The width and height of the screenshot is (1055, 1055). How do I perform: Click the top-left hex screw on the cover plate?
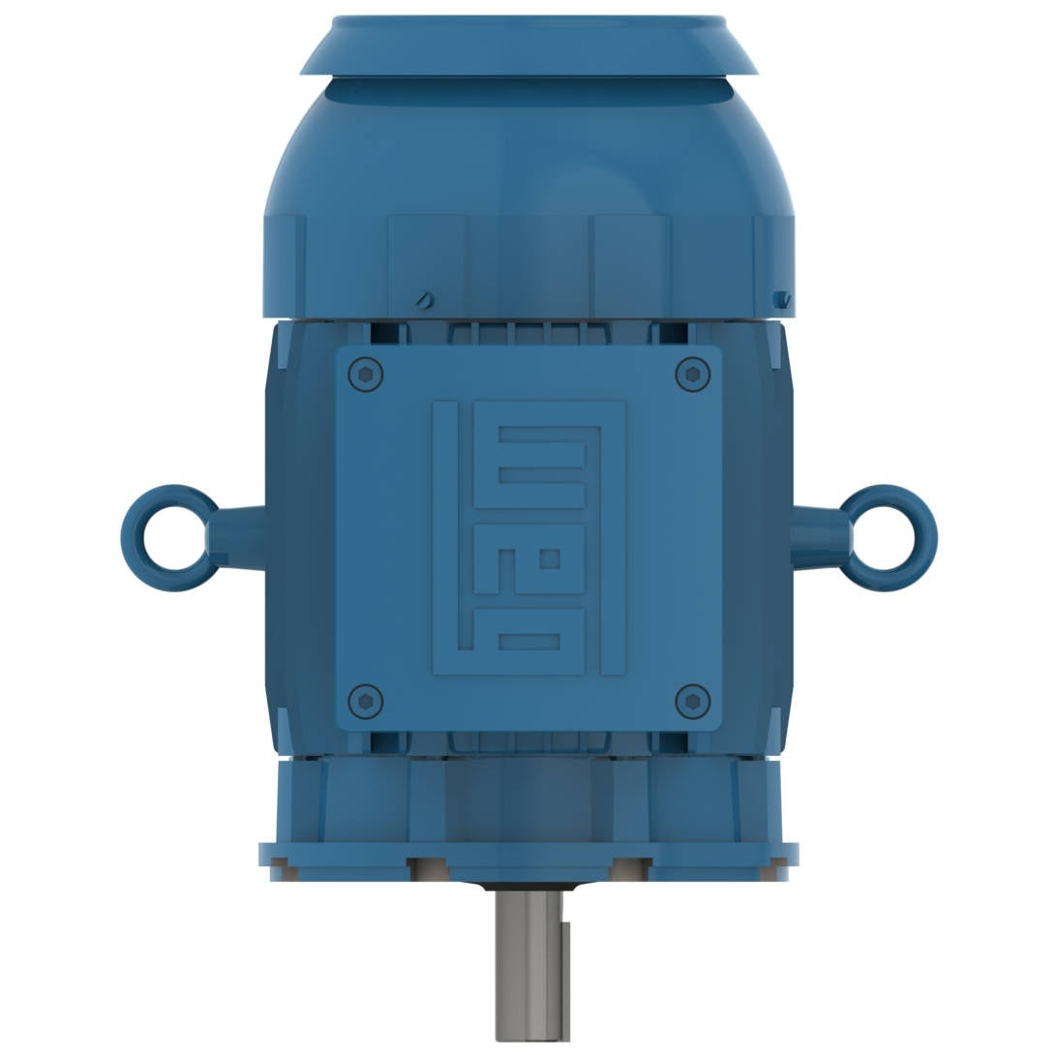point(365,375)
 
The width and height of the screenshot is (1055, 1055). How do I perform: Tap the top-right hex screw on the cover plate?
point(692,375)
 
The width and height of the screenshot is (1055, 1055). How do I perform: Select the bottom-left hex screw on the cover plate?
point(365,701)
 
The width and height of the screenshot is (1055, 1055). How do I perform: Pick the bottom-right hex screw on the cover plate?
point(692,701)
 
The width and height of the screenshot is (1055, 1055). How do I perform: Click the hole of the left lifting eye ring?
point(175,537)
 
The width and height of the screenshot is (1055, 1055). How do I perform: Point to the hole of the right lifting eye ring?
point(884,537)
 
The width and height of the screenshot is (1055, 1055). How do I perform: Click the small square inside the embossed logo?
point(551,559)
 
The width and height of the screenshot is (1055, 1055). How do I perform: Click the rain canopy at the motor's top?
point(528,45)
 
